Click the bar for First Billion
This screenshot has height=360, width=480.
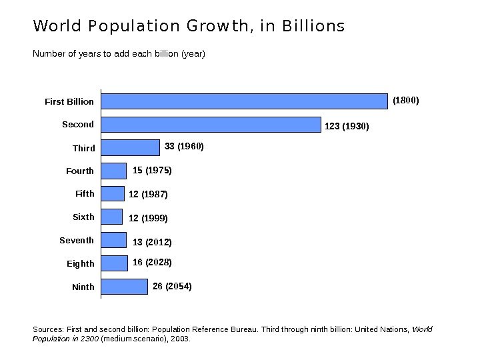pyautogui.click(x=244, y=101)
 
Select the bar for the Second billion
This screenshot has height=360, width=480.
pyautogui.click(x=211, y=125)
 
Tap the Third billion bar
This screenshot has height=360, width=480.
pyautogui.click(x=131, y=147)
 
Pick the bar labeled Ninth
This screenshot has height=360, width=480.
pyautogui.click(x=125, y=287)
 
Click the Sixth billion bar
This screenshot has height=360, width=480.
pyautogui.click(x=112, y=217)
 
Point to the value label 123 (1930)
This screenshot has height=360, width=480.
pyautogui.click(x=347, y=126)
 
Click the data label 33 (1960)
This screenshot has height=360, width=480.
pyautogui.click(x=184, y=146)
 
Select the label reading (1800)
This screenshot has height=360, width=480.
pyautogui.click(x=405, y=101)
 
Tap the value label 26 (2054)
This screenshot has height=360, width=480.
pyautogui.click(x=172, y=287)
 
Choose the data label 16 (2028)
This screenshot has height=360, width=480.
pyautogui.click(x=152, y=263)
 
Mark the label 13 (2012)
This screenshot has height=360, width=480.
pyautogui.click(x=152, y=242)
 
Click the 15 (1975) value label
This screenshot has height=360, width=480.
pyautogui.click(x=152, y=171)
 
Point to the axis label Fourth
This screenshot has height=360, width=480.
pyautogui.click(x=80, y=171)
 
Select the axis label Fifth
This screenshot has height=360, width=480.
pyautogui.click(x=85, y=194)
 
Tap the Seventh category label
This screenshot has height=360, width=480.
pyautogui.click(x=77, y=241)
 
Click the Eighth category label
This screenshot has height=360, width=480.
pyautogui.click(x=81, y=264)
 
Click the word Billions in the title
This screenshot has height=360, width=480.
pyautogui.click(x=313, y=27)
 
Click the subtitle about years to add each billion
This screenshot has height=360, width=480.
pyautogui.click(x=119, y=53)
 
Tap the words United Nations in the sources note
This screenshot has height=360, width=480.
pyautogui.click(x=383, y=329)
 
